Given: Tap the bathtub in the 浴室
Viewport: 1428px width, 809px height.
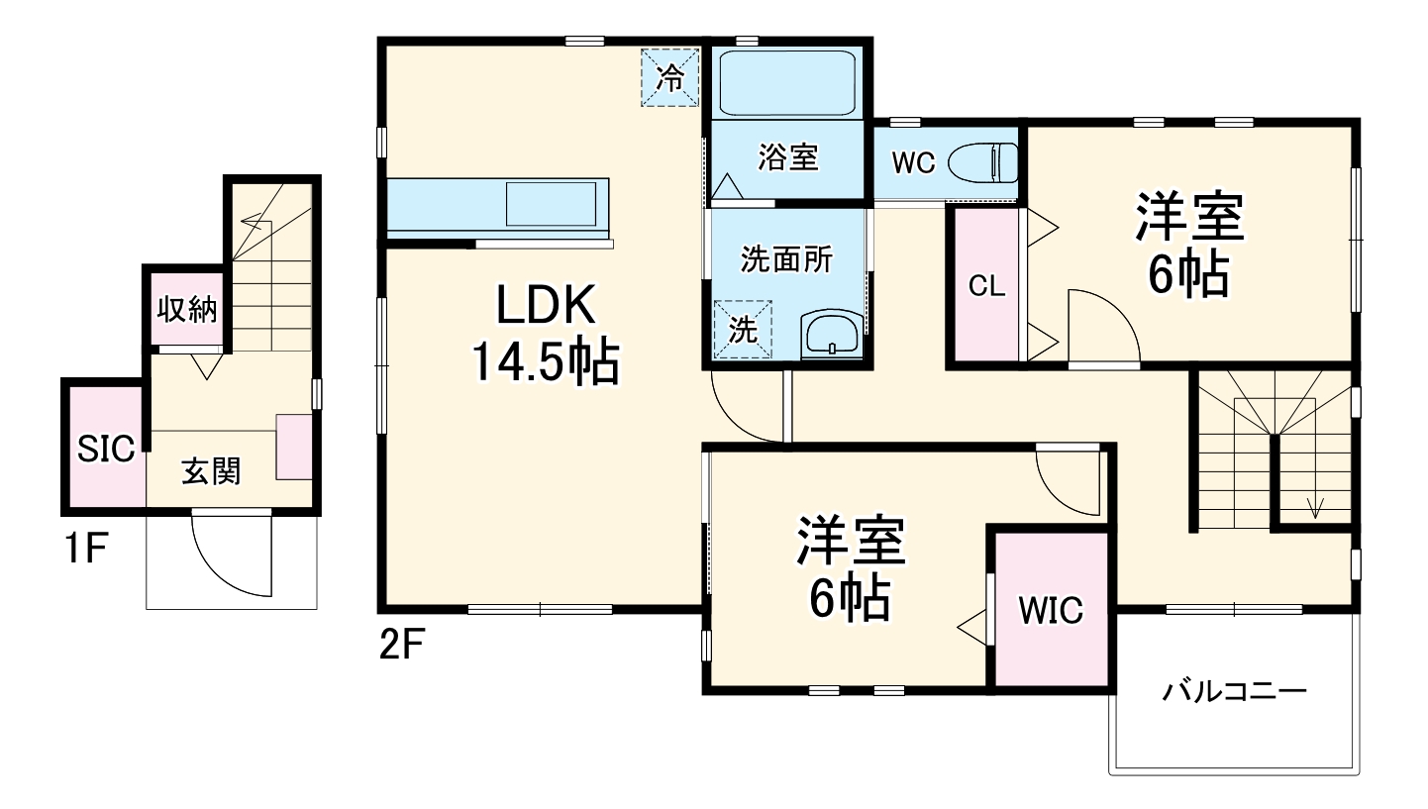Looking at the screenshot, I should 786,83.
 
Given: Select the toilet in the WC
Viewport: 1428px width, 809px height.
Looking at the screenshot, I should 984,162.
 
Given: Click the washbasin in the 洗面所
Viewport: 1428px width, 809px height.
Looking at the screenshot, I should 834,333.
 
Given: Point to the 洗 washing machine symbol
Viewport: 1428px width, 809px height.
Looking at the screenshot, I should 743,327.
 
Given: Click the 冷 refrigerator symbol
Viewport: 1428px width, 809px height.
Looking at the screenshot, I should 671,77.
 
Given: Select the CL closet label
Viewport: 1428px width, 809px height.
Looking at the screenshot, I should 986,287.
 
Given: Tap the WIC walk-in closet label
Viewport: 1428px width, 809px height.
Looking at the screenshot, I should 1052,611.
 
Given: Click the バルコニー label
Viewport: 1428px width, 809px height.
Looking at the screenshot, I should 1234,691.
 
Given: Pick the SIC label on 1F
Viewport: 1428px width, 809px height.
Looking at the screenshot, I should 106,450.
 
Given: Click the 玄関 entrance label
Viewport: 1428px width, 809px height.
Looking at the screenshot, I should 211,472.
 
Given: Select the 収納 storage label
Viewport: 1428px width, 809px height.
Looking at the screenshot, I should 186,310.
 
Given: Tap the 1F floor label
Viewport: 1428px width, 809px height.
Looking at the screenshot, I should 85,549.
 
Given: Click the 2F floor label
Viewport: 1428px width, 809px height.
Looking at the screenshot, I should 401,647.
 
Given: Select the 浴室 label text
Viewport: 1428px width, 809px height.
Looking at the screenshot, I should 788,156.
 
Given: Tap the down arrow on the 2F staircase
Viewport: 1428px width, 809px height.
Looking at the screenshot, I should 1315,506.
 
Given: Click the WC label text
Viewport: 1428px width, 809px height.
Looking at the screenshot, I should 913,163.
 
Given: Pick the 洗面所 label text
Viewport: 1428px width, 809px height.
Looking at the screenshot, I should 787,259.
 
